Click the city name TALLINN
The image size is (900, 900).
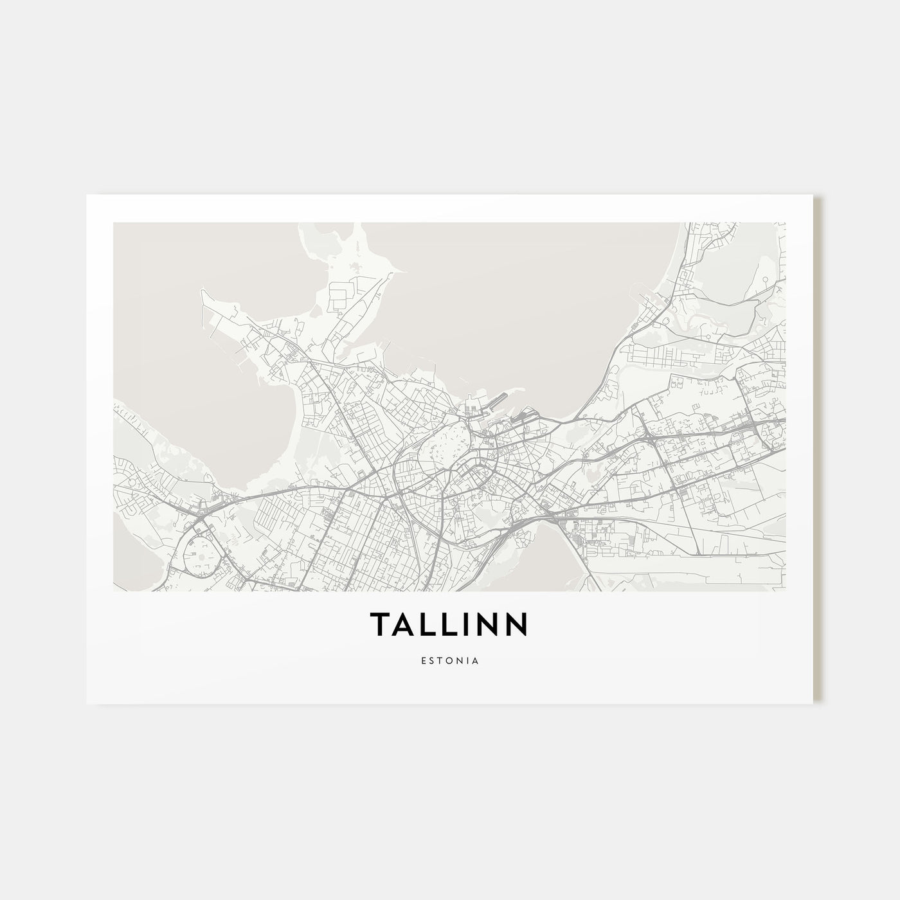click(x=449, y=625)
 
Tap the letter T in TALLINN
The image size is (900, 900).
click(x=379, y=625)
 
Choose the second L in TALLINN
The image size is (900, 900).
click(x=452, y=625)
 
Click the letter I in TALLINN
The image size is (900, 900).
click(x=470, y=625)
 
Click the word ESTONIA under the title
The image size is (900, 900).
click(x=450, y=660)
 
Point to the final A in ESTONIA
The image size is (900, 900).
click(x=474, y=660)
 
